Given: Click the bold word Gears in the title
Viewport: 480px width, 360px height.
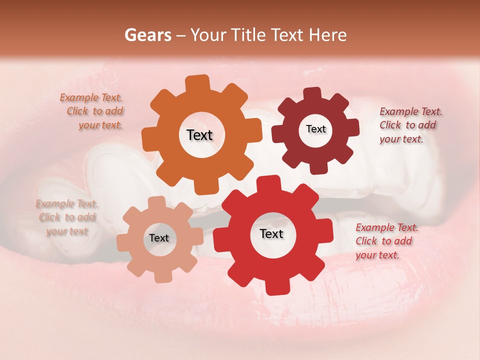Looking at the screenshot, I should [147, 35].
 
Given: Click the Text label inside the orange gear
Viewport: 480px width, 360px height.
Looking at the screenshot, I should [199, 135].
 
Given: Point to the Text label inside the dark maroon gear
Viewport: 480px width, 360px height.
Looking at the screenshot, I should [315, 129].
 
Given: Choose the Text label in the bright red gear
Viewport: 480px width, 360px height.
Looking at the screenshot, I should [271, 233].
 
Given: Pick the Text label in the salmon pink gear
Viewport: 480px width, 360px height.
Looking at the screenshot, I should [159, 238].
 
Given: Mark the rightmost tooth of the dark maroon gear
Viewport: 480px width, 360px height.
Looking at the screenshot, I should [352, 127].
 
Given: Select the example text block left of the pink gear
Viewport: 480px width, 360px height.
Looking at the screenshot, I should [67, 217].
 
